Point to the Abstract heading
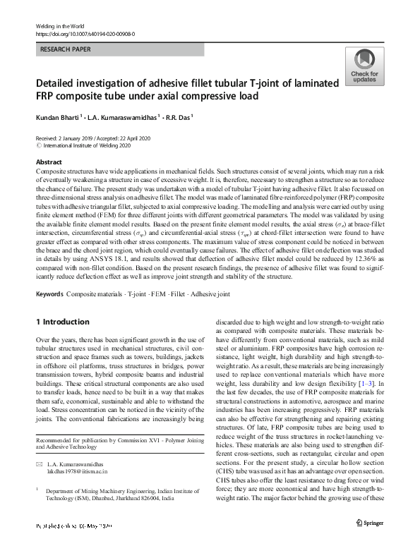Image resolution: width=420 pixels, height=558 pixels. pyautogui.click(x=49, y=162)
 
